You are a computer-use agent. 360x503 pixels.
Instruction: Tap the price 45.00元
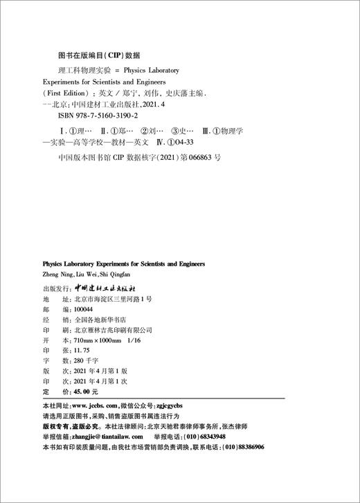pyautogui.click(x=78, y=392)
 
